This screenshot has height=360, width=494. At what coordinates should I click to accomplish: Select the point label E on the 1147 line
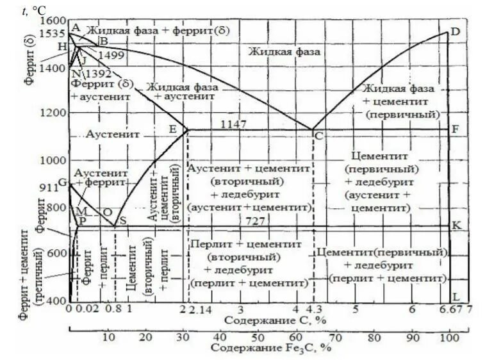(x=172, y=129)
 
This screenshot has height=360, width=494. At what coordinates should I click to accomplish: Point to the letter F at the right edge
(x=456, y=129)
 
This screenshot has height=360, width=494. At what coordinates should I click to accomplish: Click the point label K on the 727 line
(x=456, y=225)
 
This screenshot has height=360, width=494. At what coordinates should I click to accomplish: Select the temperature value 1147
(x=233, y=124)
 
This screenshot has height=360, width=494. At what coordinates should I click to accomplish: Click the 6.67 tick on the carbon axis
(x=452, y=309)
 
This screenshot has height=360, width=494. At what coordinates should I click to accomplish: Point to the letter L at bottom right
(x=456, y=298)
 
